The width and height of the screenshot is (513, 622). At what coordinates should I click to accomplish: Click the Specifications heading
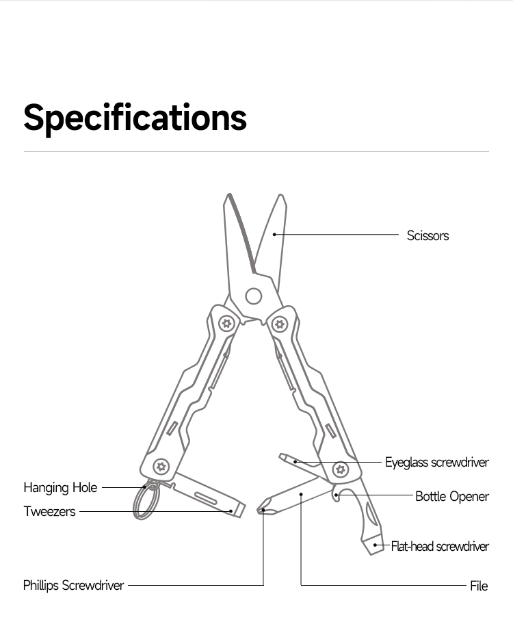pyautogui.click(x=135, y=117)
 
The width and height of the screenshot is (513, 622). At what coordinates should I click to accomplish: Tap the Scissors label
pyautogui.click(x=428, y=235)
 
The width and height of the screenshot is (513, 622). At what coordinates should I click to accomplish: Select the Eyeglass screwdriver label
pyautogui.click(x=436, y=463)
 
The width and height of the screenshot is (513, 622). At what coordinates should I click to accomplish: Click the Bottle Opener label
pyautogui.click(x=451, y=496)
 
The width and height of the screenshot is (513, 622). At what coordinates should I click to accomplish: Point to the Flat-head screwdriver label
pyautogui.click(x=440, y=546)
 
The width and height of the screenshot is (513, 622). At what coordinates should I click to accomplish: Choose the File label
pyautogui.click(x=479, y=586)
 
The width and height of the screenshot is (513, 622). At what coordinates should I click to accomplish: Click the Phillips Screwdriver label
pyautogui.click(x=74, y=585)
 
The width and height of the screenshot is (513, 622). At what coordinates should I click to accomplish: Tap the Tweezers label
pyautogui.click(x=49, y=511)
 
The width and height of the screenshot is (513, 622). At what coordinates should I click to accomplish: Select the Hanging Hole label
pyautogui.click(x=60, y=488)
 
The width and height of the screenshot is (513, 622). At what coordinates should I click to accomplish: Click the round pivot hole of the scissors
pyautogui.click(x=254, y=296)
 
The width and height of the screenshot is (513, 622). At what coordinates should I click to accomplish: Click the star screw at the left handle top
pyautogui.click(x=226, y=322)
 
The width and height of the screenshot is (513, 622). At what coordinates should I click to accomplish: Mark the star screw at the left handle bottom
pyautogui.click(x=161, y=467)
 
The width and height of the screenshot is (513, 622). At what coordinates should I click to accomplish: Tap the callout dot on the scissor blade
pyautogui.click(x=274, y=235)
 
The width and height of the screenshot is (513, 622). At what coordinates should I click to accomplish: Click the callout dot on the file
pyautogui.click(x=301, y=493)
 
